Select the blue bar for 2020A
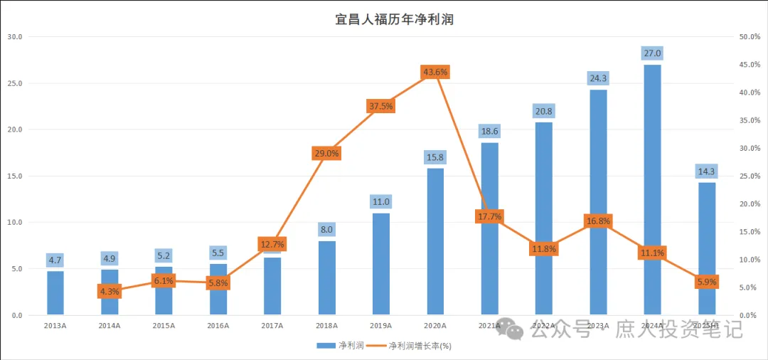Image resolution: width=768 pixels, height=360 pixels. click(x=435, y=242)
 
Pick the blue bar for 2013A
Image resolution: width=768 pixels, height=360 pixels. click(x=55, y=293)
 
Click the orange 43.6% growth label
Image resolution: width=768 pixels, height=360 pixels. click(x=435, y=72)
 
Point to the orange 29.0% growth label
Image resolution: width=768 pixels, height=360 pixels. click(x=326, y=153)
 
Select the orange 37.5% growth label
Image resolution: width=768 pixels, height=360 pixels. click(x=380, y=106)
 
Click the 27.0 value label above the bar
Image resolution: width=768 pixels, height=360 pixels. click(x=652, y=53)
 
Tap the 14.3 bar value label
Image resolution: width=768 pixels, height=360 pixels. click(x=707, y=171)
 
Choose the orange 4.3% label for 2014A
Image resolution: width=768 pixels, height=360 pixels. click(x=110, y=291)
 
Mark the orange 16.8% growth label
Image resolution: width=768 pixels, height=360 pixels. click(x=598, y=221)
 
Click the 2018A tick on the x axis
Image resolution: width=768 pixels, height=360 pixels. click(x=326, y=325)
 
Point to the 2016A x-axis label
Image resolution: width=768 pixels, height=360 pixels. click(x=218, y=325)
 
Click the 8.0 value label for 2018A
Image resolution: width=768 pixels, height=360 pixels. click(x=326, y=230)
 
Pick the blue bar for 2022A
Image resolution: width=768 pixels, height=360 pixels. click(x=544, y=221)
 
